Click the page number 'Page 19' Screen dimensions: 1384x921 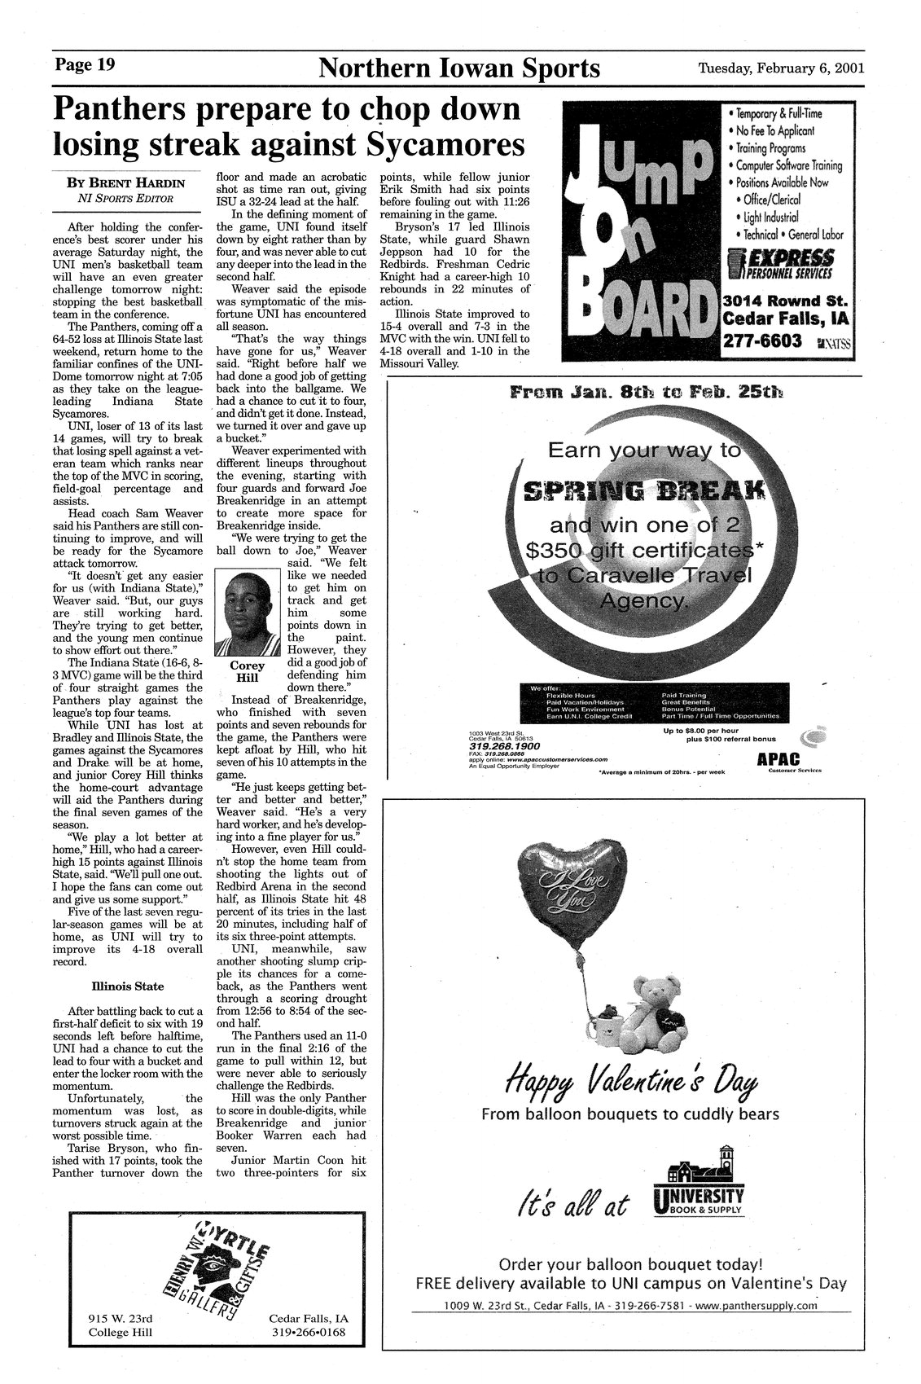(86, 65)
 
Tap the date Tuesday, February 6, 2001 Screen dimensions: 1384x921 (781, 68)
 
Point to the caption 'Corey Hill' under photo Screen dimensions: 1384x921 (247, 671)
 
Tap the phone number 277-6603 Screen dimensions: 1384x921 (762, 341)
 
